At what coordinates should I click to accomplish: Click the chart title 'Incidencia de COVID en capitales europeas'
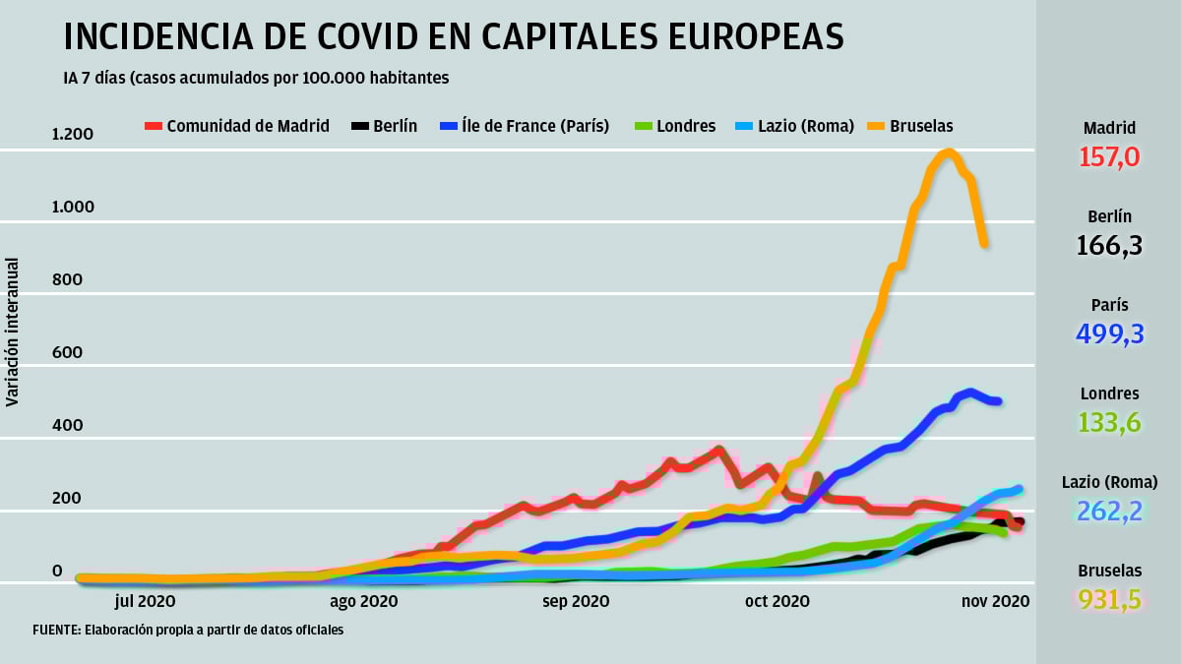pos(454,36)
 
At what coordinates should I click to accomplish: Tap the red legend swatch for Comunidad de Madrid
pos(153,126)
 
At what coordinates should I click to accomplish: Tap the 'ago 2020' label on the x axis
pos(363,600)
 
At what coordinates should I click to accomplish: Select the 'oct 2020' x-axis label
pos(778,600)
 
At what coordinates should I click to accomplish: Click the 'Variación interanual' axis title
pos(13,332)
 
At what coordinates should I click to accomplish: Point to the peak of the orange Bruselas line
pos(948,152)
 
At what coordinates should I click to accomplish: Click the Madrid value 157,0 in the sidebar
pos(1109,156)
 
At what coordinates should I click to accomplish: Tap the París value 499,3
pos(1109,333)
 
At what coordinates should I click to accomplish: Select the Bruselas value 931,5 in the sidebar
pos(1109,599)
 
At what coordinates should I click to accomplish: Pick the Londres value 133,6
pos(1109,422)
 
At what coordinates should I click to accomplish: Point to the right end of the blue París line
pos(997,400)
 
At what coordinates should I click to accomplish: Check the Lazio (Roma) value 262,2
pos(1109,511)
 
